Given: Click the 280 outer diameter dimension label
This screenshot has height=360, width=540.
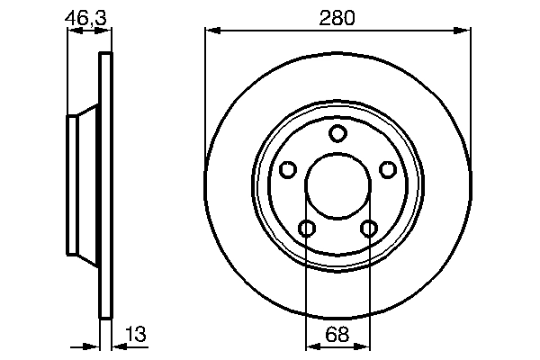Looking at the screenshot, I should (x=338, y=17).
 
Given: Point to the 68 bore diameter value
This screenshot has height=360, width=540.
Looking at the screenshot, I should (x=337, y=334).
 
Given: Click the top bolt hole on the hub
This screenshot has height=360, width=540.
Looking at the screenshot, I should (x=337, y=135).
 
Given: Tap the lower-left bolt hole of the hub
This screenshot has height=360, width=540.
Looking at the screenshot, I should (x=307, y=229).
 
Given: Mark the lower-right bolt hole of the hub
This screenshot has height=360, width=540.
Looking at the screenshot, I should (x=369, y=229).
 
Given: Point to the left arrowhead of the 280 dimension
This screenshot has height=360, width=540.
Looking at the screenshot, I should (x=212, y=31).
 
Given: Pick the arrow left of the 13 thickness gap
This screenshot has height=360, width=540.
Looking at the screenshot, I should (x=92, y=345).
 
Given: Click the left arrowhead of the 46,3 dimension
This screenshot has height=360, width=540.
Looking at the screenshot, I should (x=74, y=31).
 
